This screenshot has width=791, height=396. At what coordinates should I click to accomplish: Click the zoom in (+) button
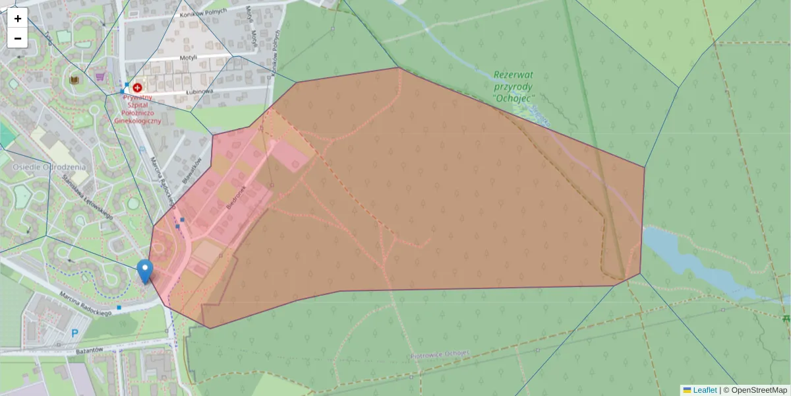18,18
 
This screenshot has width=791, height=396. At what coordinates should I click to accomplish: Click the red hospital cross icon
137,87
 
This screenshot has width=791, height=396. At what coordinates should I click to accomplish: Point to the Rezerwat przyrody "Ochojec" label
513,86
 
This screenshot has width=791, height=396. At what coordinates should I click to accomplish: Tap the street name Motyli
189,58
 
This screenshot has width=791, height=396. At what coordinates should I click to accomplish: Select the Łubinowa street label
198,91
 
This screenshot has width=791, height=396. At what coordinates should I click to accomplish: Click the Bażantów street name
89,349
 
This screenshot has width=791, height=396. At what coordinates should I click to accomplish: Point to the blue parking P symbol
74,334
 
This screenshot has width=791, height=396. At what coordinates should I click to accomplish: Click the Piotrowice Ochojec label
440,353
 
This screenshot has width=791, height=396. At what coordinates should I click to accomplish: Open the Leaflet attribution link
704,390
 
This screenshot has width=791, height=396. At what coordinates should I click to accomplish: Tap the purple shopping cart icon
100,77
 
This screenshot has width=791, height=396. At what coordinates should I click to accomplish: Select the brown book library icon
74,80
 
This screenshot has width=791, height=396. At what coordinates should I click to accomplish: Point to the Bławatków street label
191,171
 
